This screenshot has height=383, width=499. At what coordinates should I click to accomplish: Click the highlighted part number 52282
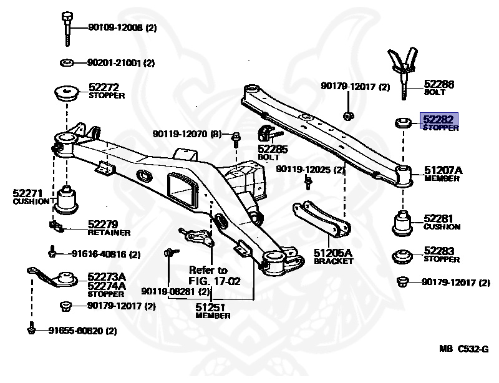[440, 118]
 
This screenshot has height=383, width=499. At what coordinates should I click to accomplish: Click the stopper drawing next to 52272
[65, 94]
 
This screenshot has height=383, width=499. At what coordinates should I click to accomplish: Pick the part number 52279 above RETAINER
[103, 225]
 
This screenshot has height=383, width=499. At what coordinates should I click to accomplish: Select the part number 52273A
[107, 276]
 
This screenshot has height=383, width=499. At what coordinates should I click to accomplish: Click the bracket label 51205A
[333, 253]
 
